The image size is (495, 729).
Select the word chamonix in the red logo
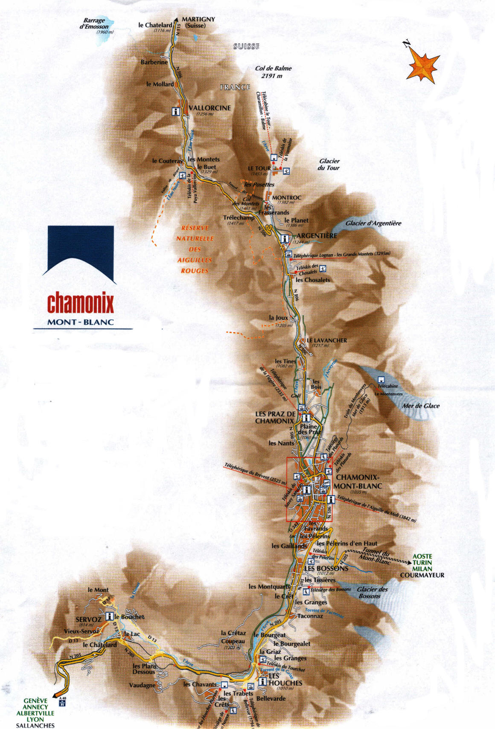(80, 303)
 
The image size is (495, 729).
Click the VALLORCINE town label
(209, 108)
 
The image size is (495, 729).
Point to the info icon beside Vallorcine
(175, 111)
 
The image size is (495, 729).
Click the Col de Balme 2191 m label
(273, 72)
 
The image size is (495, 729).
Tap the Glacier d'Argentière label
(373, 223)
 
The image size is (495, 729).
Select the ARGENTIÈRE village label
(317, 235)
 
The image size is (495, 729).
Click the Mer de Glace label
(420, 406)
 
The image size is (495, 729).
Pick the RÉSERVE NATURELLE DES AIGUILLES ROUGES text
(195, 249)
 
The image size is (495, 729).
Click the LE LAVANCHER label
(327, 340)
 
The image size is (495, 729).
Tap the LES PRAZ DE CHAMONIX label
(275, 417)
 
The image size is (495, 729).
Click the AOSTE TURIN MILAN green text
(422, 563)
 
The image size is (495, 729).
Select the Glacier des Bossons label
(372, 592)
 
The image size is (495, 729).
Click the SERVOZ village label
(88, 619)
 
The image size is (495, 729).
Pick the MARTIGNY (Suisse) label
(198, 22)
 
